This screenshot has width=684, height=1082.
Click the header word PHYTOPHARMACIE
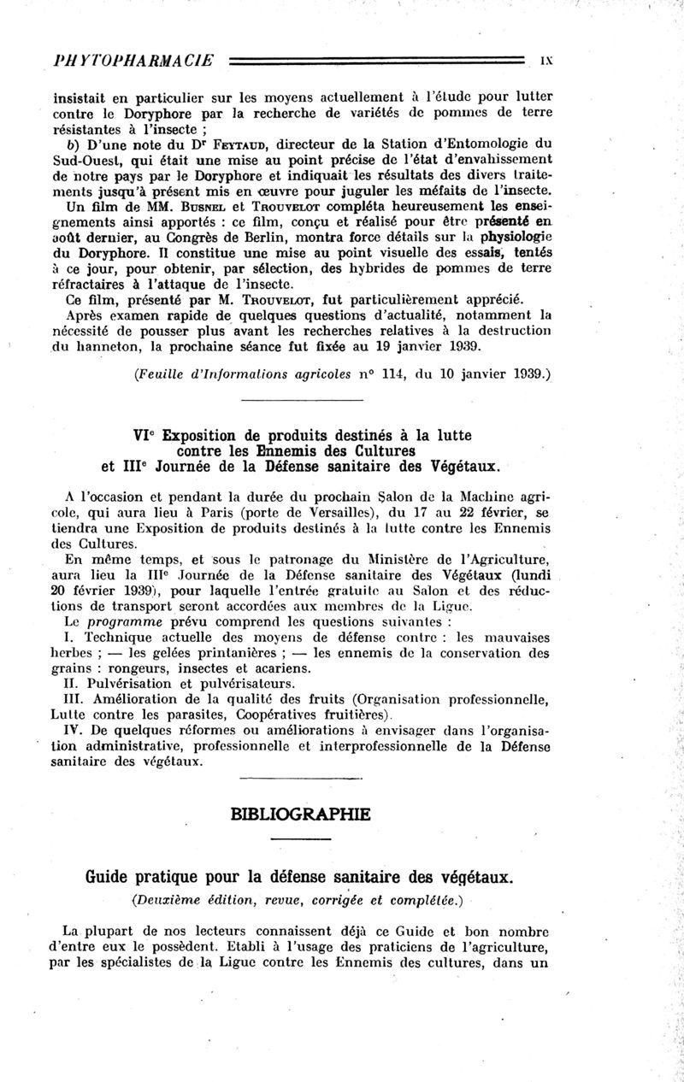coord(133,62)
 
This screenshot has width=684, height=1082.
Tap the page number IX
coord(548,62)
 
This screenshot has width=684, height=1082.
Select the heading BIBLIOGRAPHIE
coord(300,814)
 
